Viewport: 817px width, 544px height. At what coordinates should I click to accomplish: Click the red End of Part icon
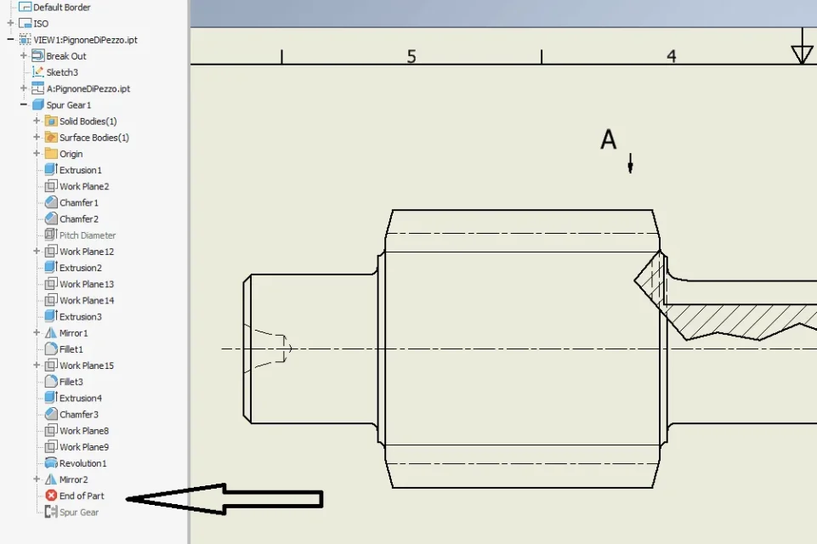click(51, 496)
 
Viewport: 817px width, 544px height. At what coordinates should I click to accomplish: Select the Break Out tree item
click(66, 56)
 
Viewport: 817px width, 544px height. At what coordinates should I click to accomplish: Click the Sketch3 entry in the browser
click(62, 72)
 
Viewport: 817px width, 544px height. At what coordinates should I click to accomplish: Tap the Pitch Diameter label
click(88, 235)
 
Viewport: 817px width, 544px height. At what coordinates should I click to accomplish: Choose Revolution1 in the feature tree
click(82, 463)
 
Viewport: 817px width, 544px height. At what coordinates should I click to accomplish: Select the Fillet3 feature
click(71, 382)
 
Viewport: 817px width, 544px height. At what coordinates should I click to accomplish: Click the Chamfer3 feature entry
click(79, 415)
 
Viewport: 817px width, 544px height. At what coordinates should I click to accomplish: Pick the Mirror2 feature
click(73, 480)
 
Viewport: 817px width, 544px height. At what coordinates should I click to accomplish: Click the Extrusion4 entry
click(81, 398)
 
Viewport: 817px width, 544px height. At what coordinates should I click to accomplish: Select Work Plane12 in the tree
click(87, 252)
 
